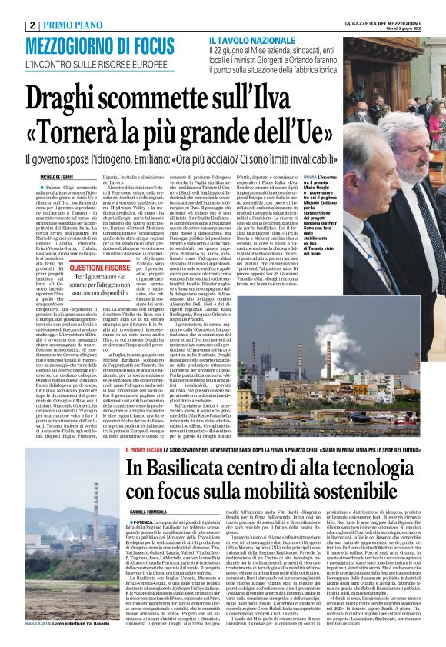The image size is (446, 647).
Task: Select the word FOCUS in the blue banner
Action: click(147, 45)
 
